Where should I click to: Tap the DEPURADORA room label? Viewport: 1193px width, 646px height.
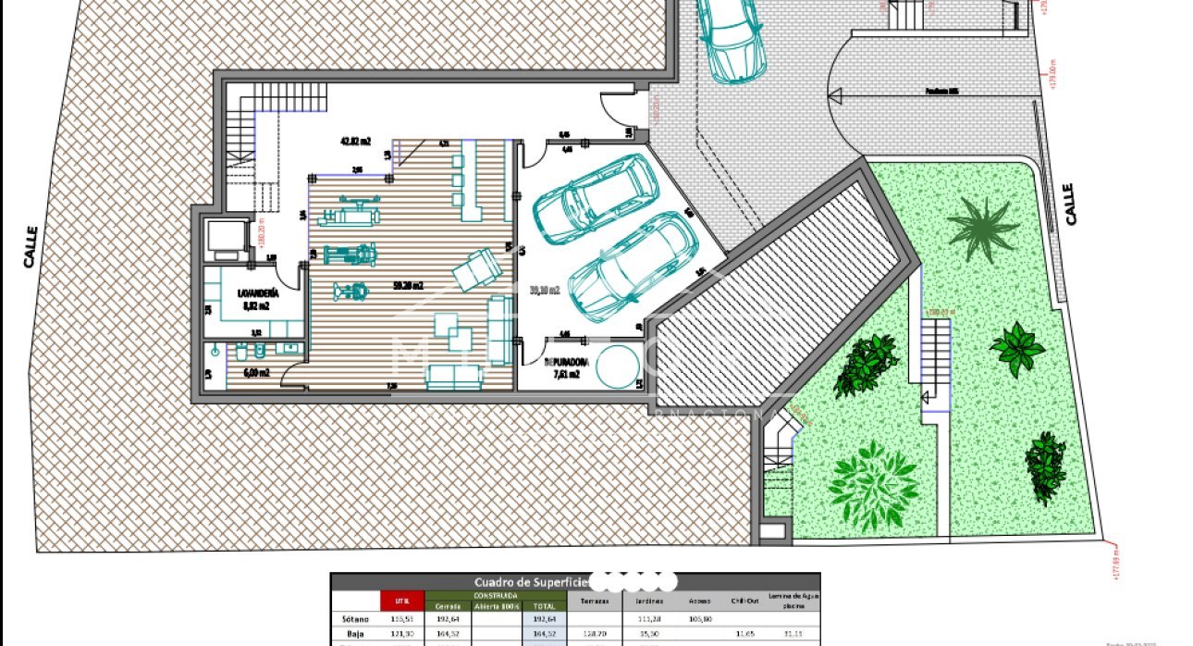[x=562, y=362]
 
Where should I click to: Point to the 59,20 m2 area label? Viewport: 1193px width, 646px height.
[x=407, y=286]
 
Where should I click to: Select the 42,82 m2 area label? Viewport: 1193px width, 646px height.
[x=355, y=142]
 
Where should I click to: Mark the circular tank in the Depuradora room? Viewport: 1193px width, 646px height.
[x=614, y=366]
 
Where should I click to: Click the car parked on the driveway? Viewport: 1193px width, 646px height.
[x=729, y=37]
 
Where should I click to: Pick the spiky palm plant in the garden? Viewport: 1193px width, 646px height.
[x=982, y=227]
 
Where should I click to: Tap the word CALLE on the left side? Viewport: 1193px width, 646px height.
[x=31, y=247]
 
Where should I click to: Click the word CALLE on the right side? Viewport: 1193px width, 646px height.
[x=1070, y=204]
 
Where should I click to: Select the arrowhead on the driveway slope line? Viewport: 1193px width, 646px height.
[x=837, y=93]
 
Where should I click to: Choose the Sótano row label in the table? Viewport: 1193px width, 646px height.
[x=355, y=618]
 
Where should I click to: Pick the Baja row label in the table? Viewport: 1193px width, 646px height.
[x=355, y=635]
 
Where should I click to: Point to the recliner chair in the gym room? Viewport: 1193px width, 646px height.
[x=476, y=269]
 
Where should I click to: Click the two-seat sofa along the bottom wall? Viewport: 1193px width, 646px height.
[x=454, y=375]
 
